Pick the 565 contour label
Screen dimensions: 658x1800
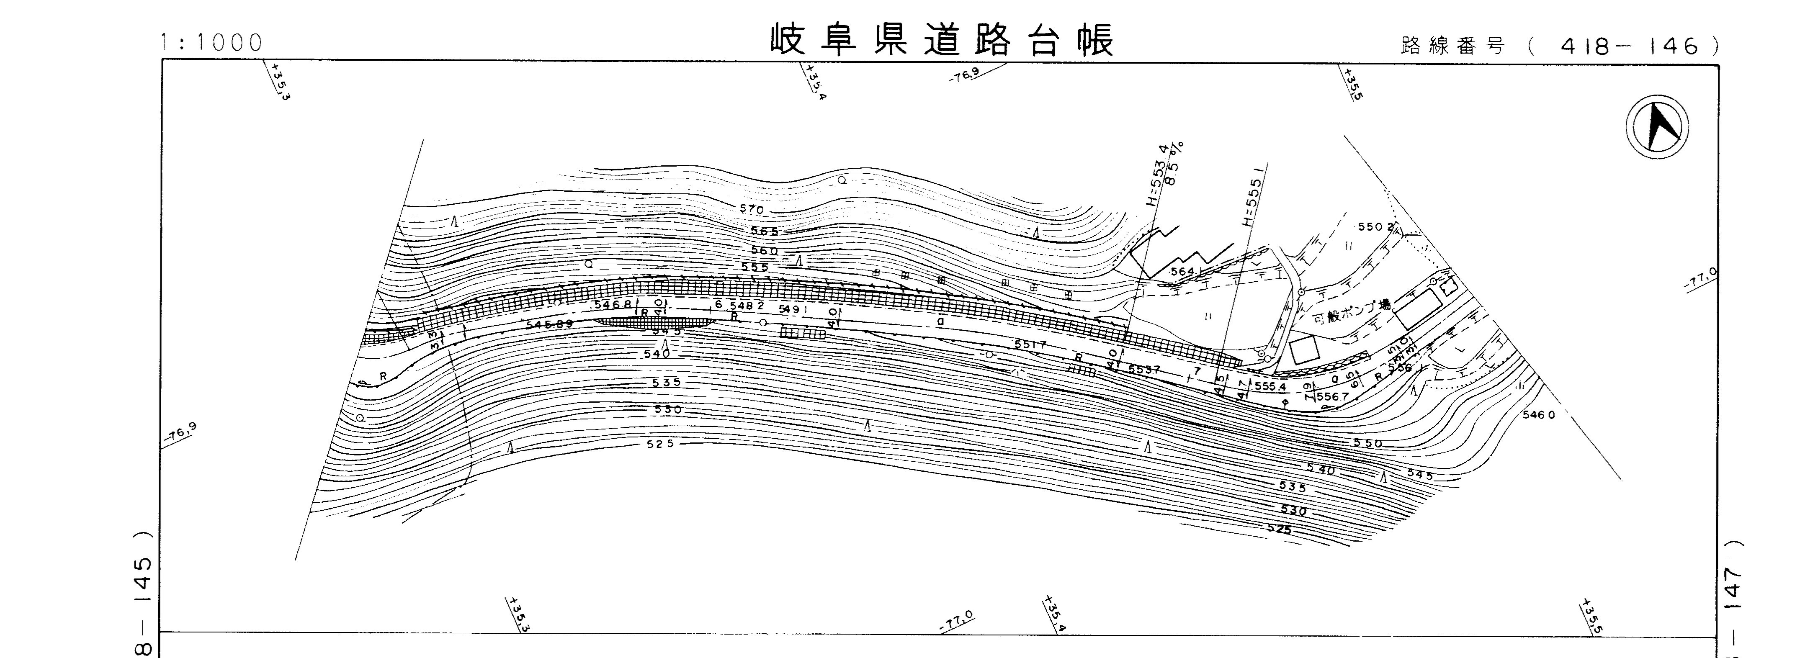(765, 231)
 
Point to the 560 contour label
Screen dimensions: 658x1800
(765, 251)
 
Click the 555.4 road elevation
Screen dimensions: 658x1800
(1270, 386)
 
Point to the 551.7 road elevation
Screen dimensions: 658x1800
(1030, 344)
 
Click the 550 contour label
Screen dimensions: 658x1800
(1367, 444)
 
